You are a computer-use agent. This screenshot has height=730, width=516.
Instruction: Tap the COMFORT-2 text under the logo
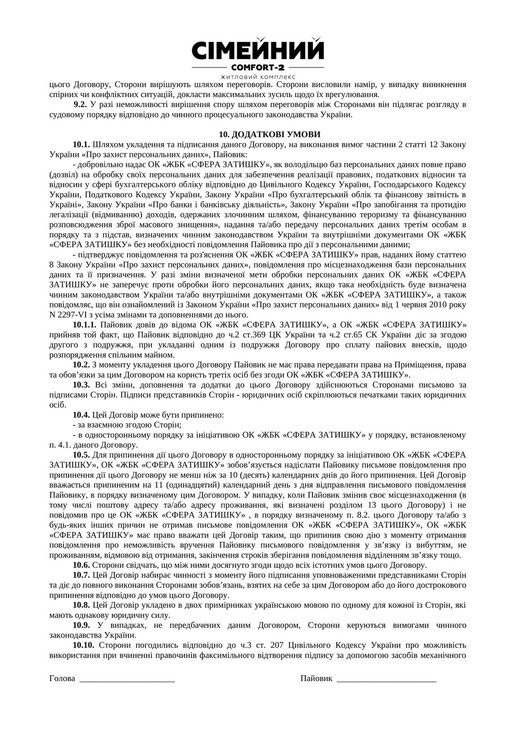point(258,67)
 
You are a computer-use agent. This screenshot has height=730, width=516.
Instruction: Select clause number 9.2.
point(80,104)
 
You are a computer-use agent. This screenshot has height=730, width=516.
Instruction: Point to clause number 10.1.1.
point(85,325)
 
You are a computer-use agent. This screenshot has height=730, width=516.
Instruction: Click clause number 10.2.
point(81,365)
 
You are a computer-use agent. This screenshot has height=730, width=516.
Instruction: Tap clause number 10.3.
point(81,385)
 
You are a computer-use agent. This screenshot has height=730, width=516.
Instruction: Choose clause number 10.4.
point(81,414)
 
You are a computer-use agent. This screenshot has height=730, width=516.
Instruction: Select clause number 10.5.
point(81,455)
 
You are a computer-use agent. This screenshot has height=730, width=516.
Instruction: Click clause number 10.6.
point(81,565)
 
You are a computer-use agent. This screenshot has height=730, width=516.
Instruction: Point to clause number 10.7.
point(81,575)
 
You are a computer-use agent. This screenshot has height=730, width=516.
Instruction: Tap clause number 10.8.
point(81,605)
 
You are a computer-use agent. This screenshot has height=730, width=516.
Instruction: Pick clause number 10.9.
point(81,625)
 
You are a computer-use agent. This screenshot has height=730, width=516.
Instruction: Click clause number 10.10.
point(83,645)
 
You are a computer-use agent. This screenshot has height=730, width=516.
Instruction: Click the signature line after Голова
point(127,679)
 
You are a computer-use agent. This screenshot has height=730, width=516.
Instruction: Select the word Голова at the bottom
point(62,678)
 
